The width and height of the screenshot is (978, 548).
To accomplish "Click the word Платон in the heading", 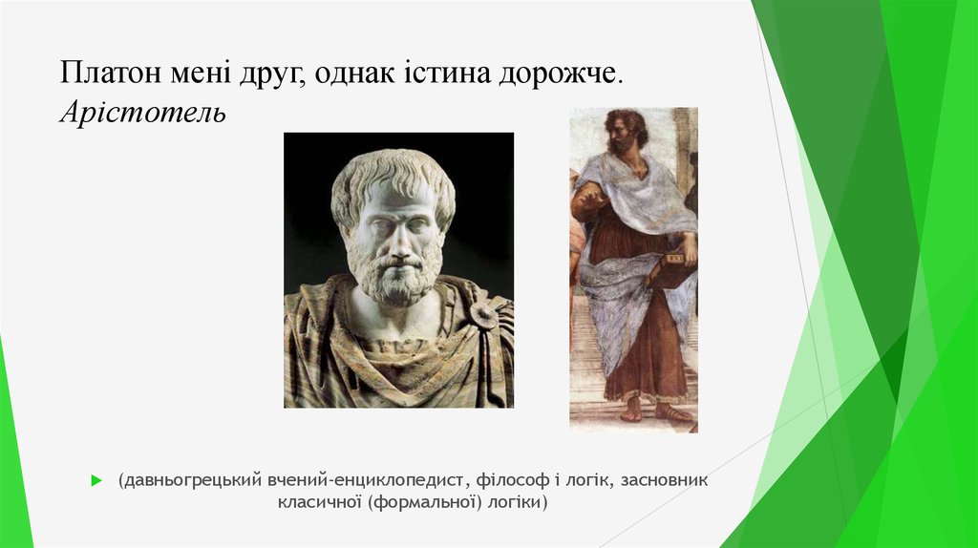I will click(104, 74).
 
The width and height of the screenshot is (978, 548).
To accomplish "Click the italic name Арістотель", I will click(143, 114).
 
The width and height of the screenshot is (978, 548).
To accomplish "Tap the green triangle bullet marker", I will click(96, 480).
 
